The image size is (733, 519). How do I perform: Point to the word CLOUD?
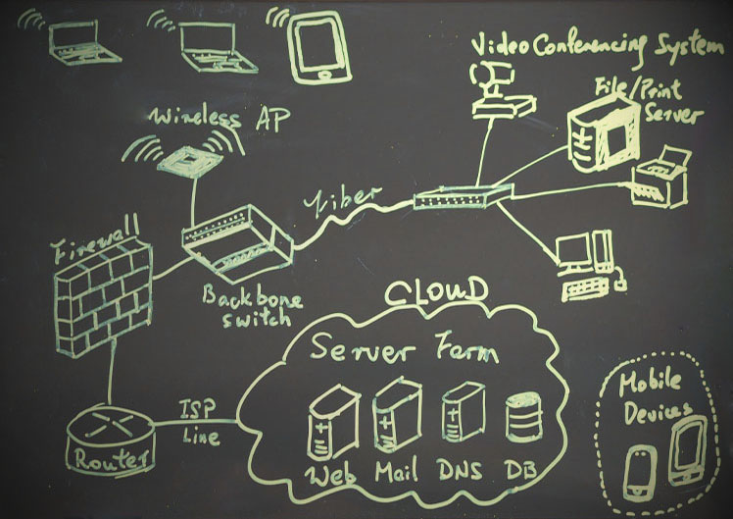tap(435, 292)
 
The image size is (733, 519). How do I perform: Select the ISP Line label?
tap(201, 420)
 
